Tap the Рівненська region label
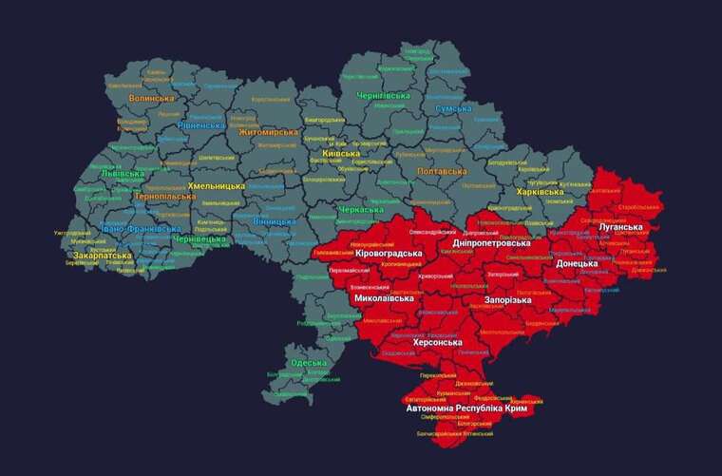pyautogui.click(x=201, y=124)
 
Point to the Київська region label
pyautogui.click(x=342, y=153)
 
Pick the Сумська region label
pyautogui.click(x=453, y=108)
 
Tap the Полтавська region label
pyautogui.click(x=442, y=171)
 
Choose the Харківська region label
pyautogui.click(x=540, y=192)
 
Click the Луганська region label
pyautogui.click(x=622, y=227)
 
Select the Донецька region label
pyautogui.click(x=577, y=263)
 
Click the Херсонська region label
pyautogui.click(x=426, y=342)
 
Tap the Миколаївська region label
pyautogui.click(x=383, y=298)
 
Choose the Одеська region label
pyautogui.click(x=309, y=363)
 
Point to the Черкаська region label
pyautogui.click(x=361, y=209)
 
